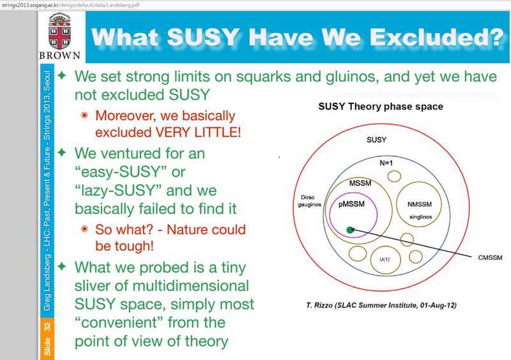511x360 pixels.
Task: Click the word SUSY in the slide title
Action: (203, 37)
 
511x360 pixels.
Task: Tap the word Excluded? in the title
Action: (437, 37)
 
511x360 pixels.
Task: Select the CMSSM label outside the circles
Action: (490, 258)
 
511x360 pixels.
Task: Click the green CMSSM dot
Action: (350, 230)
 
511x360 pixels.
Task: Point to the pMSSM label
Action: (352, 204)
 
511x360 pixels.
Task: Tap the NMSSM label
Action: (420, 204)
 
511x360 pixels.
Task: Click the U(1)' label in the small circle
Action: (385, 259)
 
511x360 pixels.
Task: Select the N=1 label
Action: (386, 163)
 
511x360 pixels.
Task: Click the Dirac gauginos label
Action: (309, 201)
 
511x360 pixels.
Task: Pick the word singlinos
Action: (421, 216)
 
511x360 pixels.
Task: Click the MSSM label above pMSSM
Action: (360, 183)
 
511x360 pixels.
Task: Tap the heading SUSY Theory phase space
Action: (381, 107)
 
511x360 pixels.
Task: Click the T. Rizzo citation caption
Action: (381, 305)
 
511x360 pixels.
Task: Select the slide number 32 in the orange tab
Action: (47, 327)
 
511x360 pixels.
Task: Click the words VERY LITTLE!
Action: (198, 132)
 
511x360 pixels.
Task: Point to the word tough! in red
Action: (124, 246)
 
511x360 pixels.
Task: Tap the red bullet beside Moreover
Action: (84, 115)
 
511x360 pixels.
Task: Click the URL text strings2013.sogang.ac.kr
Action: (29, 5)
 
